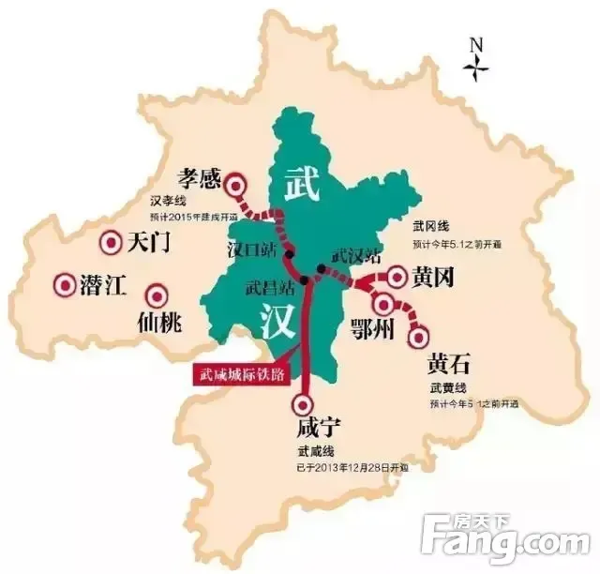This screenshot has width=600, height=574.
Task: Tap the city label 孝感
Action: click(200, 176)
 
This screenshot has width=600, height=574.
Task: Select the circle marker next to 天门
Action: click(109, 243)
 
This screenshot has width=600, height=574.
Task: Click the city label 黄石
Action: click(449, 363)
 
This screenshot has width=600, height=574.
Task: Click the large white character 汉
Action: click(280, 323)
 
